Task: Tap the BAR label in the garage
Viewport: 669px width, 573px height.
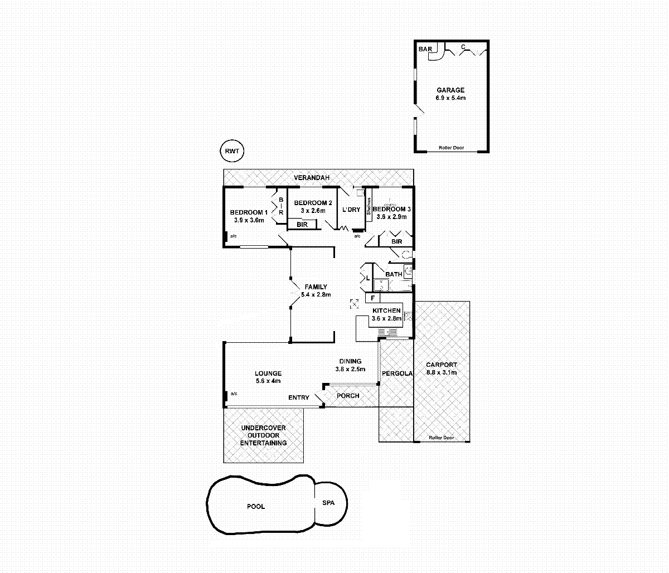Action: pos(425,49)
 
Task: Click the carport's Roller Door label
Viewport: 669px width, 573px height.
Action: pos(441,438)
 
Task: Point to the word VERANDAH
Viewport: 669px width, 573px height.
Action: pos(312,177)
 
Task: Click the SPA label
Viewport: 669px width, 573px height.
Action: pos(328,503)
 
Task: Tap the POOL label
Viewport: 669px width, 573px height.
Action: pos(256,507)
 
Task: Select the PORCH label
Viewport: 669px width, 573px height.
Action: pos(348,396)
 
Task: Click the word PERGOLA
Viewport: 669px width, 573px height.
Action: pos(397,373)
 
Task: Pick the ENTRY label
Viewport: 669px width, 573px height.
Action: pos(299,397)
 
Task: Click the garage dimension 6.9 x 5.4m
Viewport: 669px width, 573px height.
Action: pos(450,98)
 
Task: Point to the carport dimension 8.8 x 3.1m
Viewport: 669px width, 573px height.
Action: pos(441,372)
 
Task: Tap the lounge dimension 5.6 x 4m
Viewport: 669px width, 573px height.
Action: pos(268,381)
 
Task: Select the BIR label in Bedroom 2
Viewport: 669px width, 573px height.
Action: pos(302,225)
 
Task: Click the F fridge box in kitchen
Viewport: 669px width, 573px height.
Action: pos(372,298)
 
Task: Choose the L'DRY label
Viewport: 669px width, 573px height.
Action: pos(351,210)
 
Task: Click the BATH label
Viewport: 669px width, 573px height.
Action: pos(394,274)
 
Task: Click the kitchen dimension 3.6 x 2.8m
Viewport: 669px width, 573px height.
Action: pos(386,318)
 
